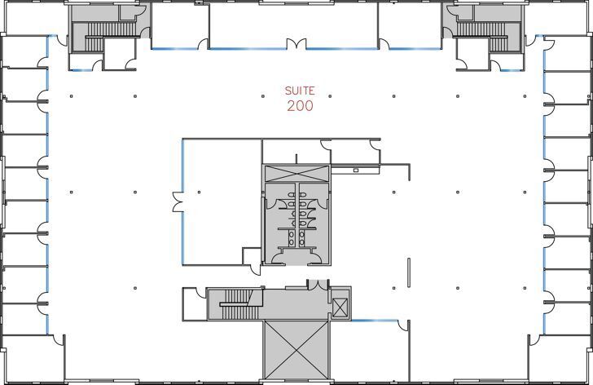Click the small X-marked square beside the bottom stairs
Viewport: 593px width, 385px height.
coord(340,308)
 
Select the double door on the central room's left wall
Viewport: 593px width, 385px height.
coord(177,201)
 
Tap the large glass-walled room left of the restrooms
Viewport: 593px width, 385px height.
coord(220,200)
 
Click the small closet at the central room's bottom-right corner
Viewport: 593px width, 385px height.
coord(252,256)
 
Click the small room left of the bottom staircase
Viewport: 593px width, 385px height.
coord(195,305)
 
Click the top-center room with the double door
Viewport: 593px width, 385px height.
coord(293,24)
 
